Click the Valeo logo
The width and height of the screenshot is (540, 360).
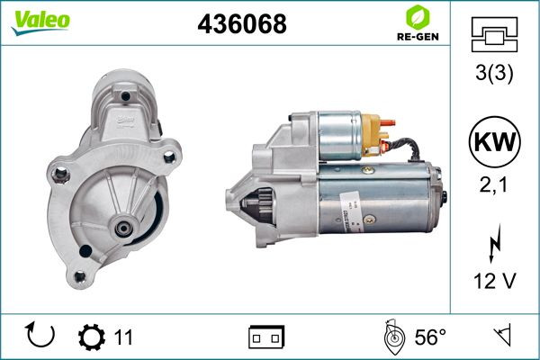click(x=40, y=22)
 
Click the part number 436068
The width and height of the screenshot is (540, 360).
click(x=242, y=23)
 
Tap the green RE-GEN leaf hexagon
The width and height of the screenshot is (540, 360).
click(x=418, y=17)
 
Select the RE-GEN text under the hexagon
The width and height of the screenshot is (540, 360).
click(x=418, y=37)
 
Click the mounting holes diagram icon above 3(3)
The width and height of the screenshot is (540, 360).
click(x=494, y=34)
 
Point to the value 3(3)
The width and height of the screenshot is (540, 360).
click(x=494, y=73)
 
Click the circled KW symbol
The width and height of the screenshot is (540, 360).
click(x=494, y=141)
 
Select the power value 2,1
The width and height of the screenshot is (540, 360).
click(x=493, y=185)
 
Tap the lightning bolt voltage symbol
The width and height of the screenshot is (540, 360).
click(x=494, y=243)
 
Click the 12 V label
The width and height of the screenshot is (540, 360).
click(x=494, y=281)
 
